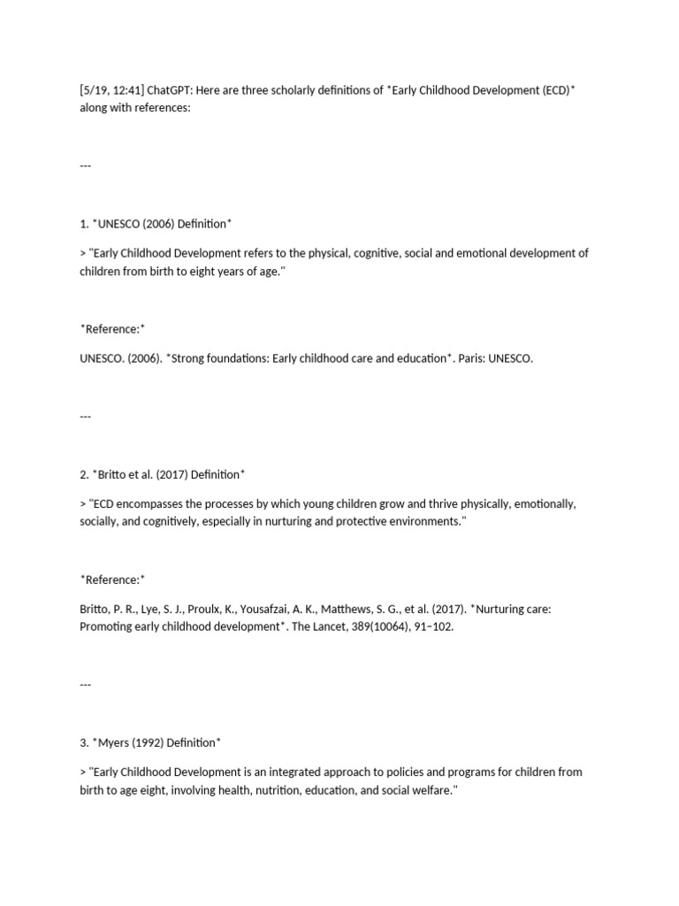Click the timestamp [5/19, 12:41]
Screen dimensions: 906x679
tap(111, 90)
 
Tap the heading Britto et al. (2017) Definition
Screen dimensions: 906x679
tap(160, 474)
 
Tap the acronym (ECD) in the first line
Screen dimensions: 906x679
tap(551, 90)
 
